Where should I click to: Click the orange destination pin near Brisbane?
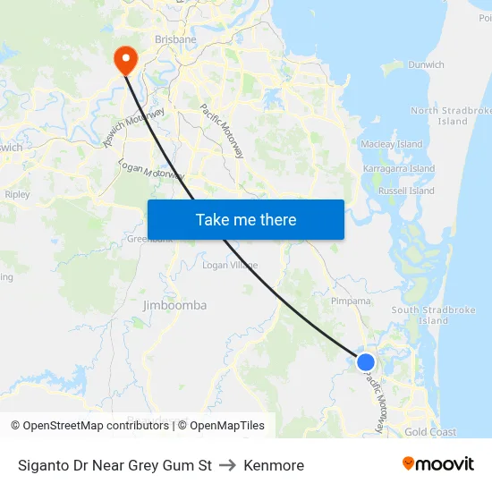point(124,59)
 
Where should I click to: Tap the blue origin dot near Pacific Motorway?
point(366,362)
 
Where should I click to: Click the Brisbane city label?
point(175,39)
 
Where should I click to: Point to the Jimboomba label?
point(174,305)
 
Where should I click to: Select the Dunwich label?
point(426,64)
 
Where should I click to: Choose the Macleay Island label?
point(391,144)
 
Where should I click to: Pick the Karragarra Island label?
point(399,168)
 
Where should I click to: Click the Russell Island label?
point(406,191)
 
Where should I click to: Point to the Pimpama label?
point(351,301)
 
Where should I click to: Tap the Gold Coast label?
point(430,432)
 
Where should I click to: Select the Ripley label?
point(17,194)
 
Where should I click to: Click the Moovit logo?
point(437,464)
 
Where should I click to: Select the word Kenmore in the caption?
point(274,465)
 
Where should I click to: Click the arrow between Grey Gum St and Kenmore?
point(227,465)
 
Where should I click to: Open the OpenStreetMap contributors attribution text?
point(95,426)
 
